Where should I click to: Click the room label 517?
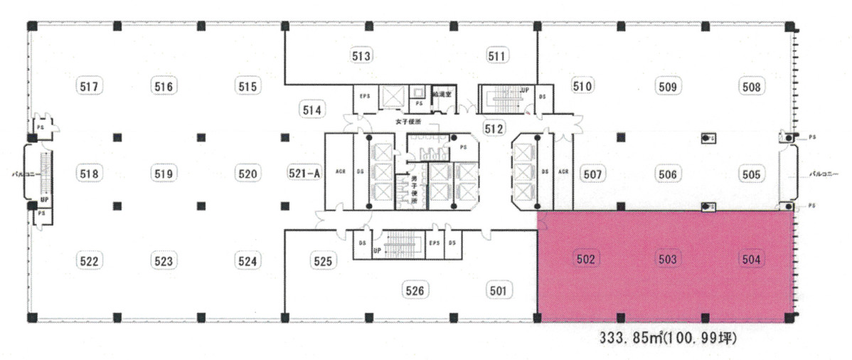tap(88, 87)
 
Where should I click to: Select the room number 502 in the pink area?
tap(586, 260)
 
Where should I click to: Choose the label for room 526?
tap(416, 290)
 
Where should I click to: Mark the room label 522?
tap(88, 261)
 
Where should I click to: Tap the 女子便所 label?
tap(410, 122)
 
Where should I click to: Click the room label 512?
tap(494, 129)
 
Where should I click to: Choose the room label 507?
tap(592, 173)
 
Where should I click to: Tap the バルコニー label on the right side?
tap(825, 173)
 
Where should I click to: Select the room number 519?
tap(164, 173)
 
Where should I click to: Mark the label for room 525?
tap(323, 261)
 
